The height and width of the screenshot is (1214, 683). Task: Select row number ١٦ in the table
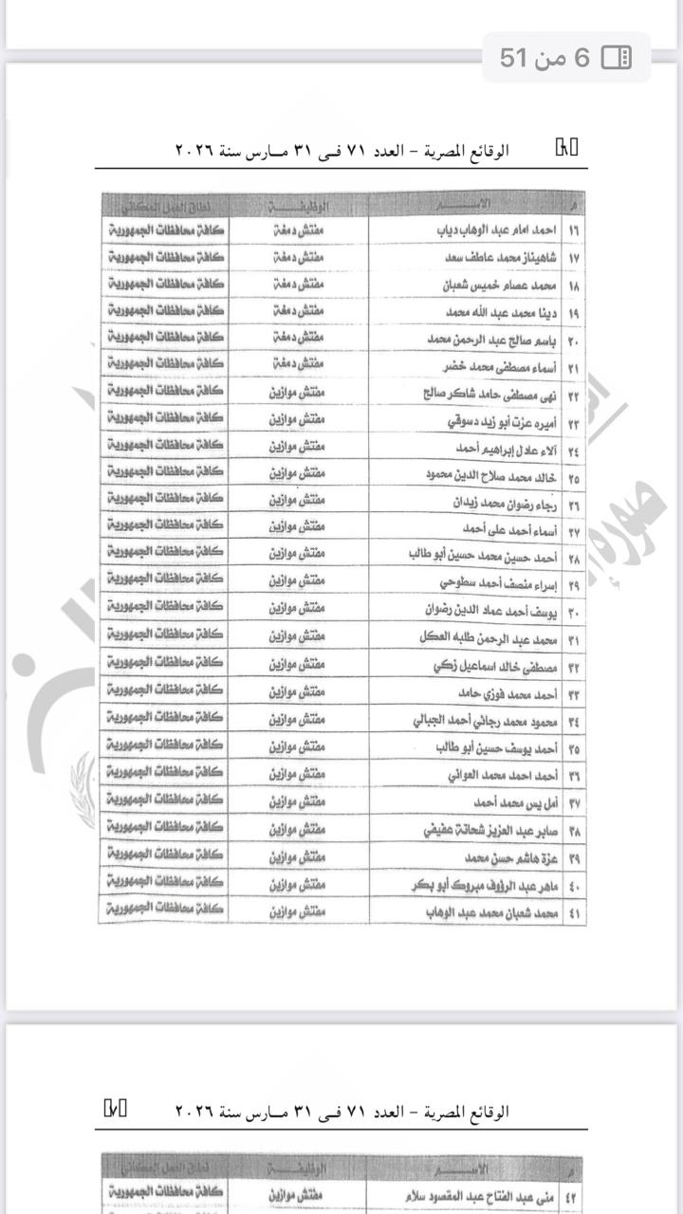click(x=574, y=230)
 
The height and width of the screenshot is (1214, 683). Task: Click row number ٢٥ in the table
click(x=574, y=474)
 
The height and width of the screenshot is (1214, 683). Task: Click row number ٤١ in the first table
click(x=574, y=912)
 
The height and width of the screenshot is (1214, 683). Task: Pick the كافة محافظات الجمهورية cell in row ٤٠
click(x=165, y=885)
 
